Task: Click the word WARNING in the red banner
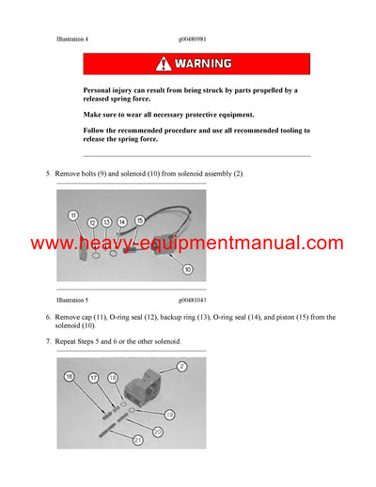tap(207, 64)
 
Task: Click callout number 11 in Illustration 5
tap(71, 216)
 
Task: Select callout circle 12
tap(92, 222)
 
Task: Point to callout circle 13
tap(107, 222)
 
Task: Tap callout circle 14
tap(123, 222)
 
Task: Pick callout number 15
tap(139, 220)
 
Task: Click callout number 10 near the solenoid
tap(187, 269)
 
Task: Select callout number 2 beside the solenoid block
tap(182, 365)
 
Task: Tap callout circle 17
tap(94, 379)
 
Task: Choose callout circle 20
tap(156, 430)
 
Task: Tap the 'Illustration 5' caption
tap(72, 299)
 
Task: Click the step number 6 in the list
tap(49, 318)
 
